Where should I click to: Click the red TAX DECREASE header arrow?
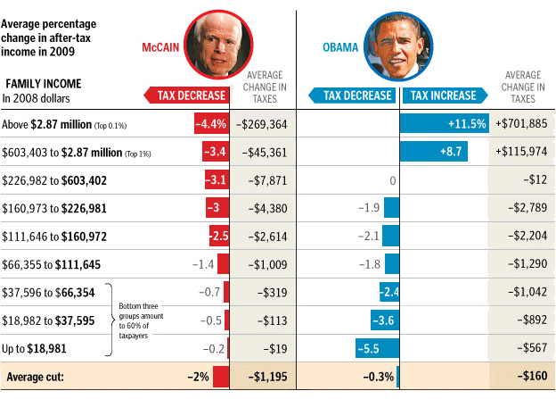(x=186, y=96)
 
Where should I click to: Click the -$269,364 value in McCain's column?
(x=263, y=123)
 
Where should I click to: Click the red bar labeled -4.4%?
(x=211, y=123)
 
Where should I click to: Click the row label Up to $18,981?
(x=35, y=348)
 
